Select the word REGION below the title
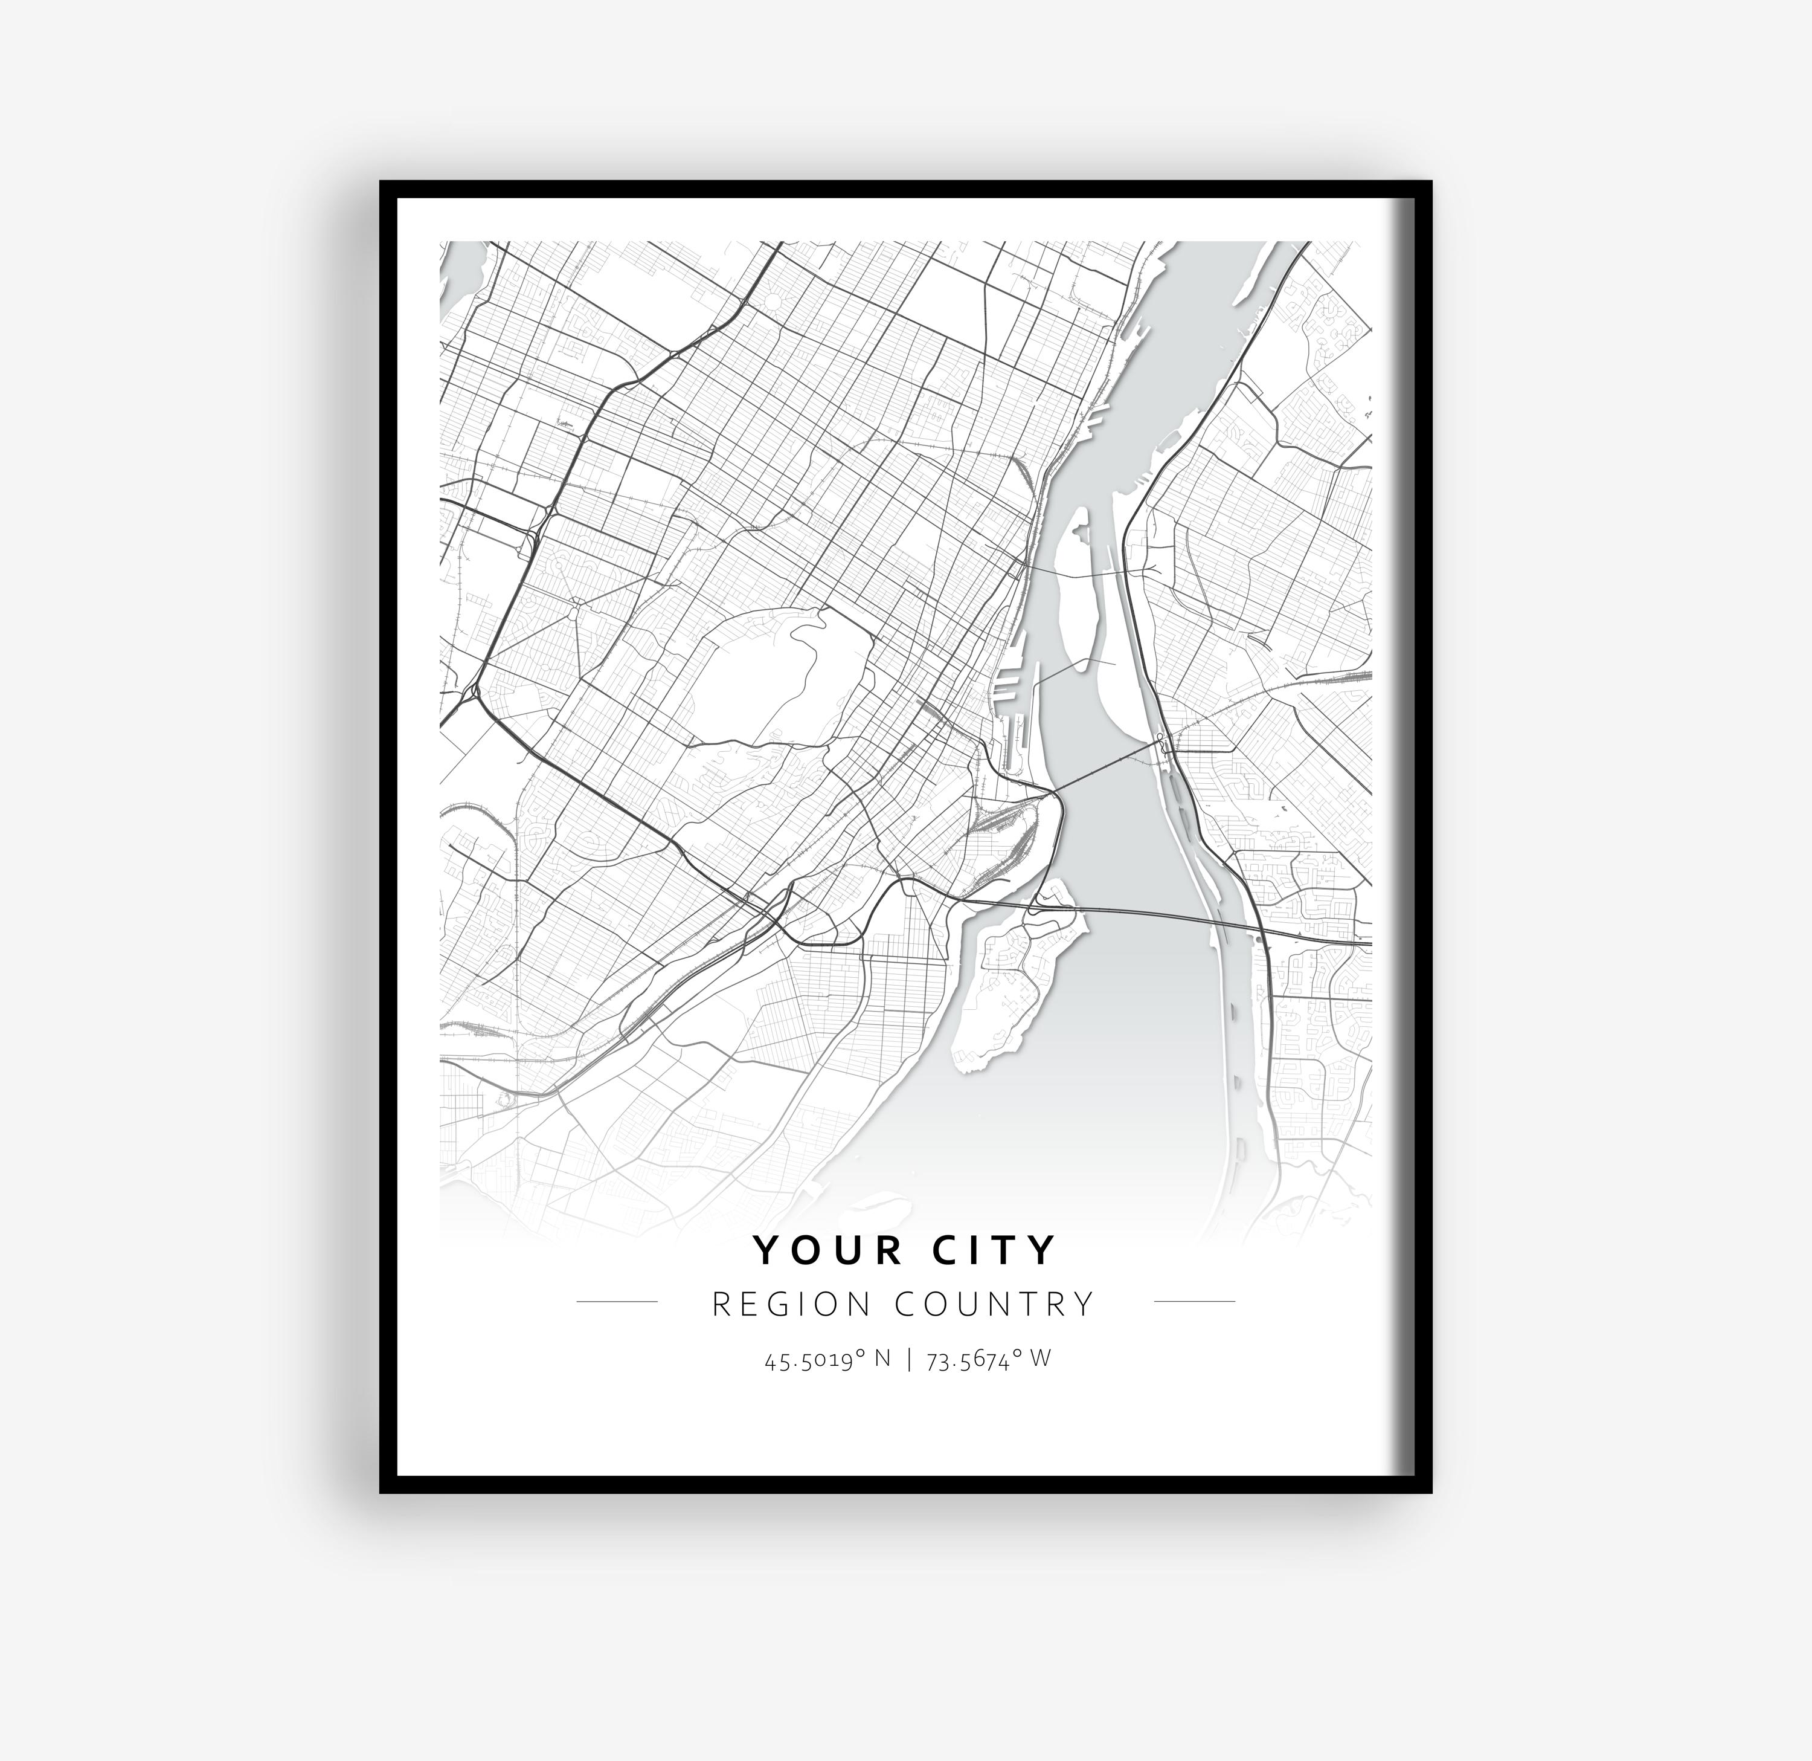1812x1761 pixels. coord(791,1304)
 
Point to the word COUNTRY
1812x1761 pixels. coord(995,1304)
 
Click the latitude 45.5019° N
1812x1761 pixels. coord(827,1360)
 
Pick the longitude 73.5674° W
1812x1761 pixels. coord(988,1360)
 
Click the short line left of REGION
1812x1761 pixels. coord(617,1301)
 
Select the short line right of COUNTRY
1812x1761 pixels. coord(1195,1301)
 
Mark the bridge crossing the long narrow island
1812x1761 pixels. coord(1073,574)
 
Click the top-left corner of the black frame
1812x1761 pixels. coord(381,183)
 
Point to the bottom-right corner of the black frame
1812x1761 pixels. coord(1430,1491)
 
